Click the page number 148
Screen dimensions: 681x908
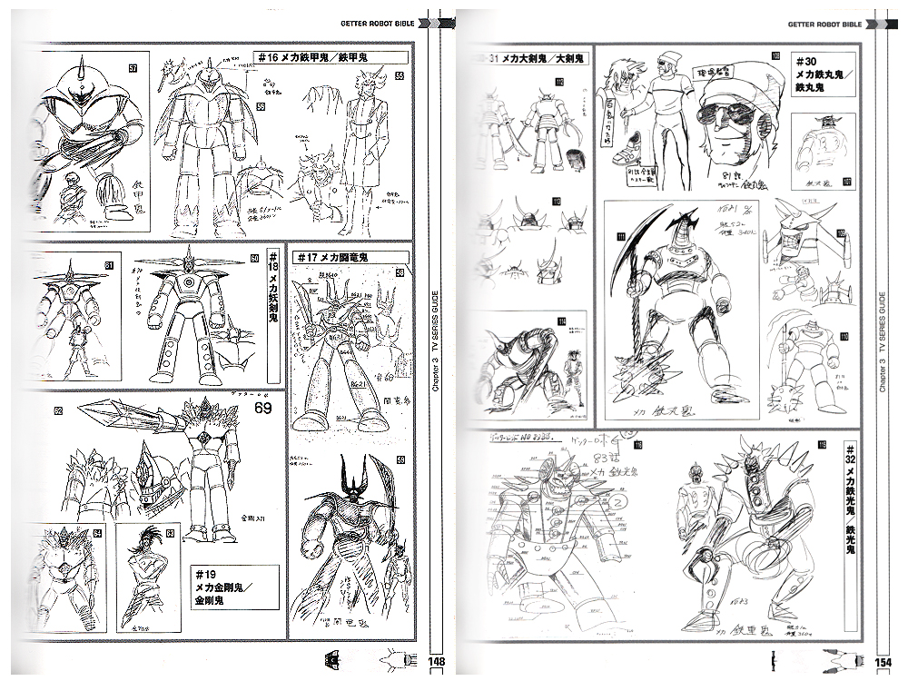point(436,661)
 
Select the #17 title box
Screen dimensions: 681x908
point(332,258)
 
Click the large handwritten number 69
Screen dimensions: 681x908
point(262,409)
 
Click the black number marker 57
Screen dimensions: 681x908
point(132,68)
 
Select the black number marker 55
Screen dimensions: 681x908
point(398,79)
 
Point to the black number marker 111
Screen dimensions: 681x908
point(621,238)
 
